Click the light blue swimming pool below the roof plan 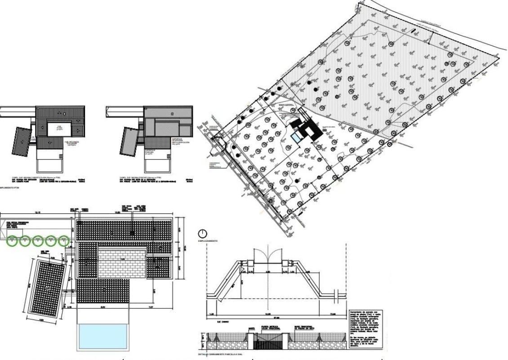click(x=102, y=336)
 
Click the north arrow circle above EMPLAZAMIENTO click(x=203, y=233)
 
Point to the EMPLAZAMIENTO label click(x=208, y=241)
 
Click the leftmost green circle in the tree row click(x=12, y=241)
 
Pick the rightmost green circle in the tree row click(x=64, y=241)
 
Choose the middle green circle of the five click(x=38, y=241)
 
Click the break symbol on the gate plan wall click(x=337, y=295)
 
